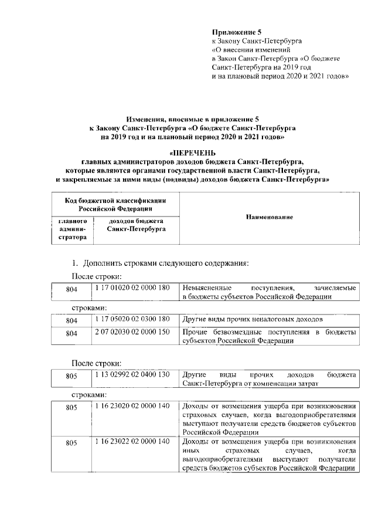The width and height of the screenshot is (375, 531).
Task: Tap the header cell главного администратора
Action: [71, 229]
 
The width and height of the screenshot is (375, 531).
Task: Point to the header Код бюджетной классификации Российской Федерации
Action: [115, 204]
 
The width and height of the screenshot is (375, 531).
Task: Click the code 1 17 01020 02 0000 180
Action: [131, 288]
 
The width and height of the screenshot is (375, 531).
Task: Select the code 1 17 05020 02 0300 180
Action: [131, 319]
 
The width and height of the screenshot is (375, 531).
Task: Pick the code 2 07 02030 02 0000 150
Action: [131, 333]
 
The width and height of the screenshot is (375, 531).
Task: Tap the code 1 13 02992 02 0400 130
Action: [131, 374]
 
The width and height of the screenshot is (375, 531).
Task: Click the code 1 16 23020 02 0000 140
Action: [131, 406]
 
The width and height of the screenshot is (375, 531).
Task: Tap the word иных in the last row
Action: [190, 450]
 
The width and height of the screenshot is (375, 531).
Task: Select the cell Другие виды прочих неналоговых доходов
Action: [253, 319]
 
